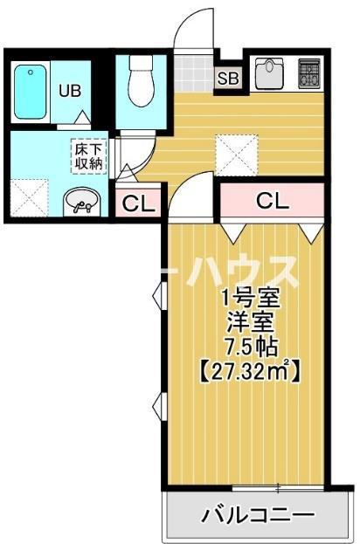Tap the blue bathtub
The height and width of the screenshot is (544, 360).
click(x=31, y=90)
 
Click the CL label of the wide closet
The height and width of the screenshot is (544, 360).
click(x=271, y=200)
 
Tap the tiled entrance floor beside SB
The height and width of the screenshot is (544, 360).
click(x=191, y=74)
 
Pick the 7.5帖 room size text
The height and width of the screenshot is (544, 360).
click(x=247, y=345)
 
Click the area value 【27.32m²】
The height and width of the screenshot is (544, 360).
click(x=248, y=370)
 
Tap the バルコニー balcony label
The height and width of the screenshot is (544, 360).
click(x=258, y=514)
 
